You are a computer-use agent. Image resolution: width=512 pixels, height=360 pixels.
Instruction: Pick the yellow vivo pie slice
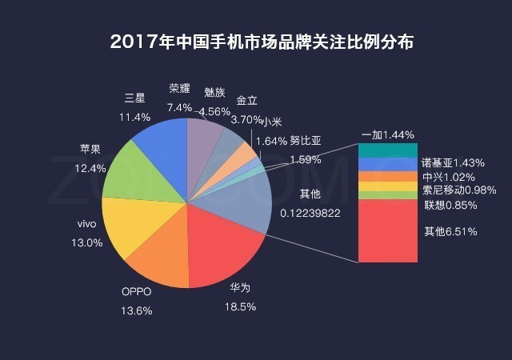(132, 216)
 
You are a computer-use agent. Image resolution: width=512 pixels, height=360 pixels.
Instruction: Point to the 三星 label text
(134, 98)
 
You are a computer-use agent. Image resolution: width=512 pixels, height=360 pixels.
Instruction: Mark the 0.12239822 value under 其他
(311, 213)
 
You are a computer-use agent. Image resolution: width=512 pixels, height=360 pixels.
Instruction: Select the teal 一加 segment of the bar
(387, 150)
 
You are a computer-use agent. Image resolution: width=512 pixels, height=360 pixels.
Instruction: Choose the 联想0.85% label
(451, 205)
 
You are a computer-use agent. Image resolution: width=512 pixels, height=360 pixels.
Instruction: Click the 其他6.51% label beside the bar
(451, 232)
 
